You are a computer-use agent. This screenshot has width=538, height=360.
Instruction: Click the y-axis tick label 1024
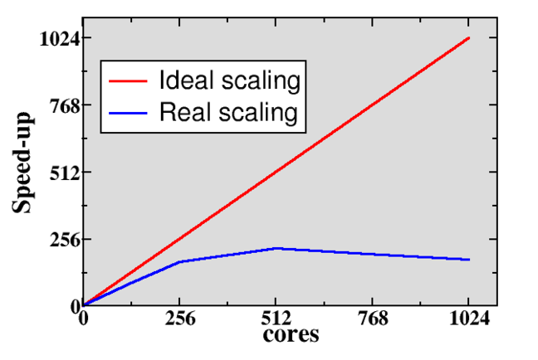coord(58,38)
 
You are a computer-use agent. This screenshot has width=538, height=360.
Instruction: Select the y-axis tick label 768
coord(63,105)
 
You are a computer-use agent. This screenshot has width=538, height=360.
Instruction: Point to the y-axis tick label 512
coord(63,173)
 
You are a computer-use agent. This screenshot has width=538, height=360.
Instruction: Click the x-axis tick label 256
coord(179,319)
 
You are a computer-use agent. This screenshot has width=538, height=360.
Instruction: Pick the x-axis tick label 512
coord(276,319)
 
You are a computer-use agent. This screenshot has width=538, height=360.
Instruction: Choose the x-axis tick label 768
coord(372,319)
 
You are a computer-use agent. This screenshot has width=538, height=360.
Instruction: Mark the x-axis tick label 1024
coord(468,319)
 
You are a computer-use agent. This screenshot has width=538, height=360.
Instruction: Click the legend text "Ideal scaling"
coord(228,81)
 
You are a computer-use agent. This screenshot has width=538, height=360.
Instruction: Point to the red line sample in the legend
coord(130,82)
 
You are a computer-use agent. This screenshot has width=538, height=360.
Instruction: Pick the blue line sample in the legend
coord(130,112)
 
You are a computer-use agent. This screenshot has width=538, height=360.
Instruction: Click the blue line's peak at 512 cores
coord(276,248)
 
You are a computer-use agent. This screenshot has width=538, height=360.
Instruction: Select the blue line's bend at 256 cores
coord(179,262)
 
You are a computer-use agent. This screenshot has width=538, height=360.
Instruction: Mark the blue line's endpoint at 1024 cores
coord(469,260)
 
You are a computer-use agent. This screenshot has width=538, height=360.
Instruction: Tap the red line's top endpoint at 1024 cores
coord(469,38)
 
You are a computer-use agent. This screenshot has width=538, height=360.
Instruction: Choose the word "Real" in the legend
coord(180,112)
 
